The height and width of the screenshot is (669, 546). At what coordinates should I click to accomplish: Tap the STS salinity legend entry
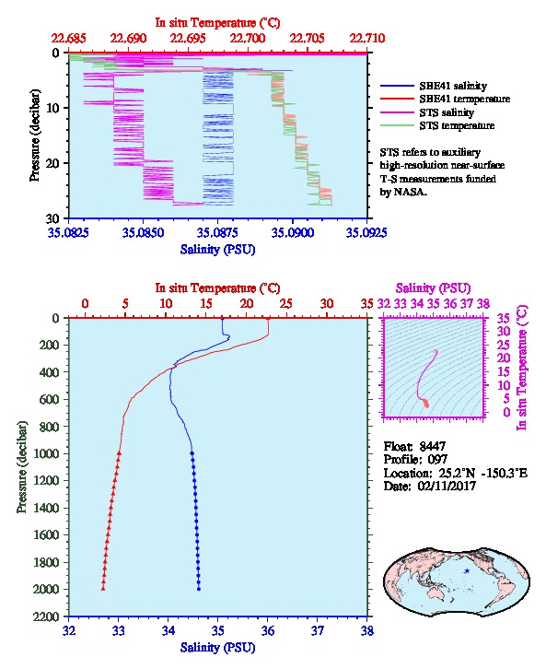click(447, 112)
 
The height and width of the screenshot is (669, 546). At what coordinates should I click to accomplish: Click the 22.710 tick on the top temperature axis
click(367, 39)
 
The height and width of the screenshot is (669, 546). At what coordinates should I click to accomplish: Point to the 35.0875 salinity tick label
click(217, 232)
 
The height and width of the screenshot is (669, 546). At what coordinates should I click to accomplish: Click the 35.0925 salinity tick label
click(366, 232)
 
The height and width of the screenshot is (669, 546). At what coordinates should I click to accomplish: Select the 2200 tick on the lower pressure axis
click(48, 616)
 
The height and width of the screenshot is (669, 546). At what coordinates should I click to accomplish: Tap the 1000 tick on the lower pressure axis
click(48, 453)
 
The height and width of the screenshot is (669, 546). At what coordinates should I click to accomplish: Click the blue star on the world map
click(467, 571)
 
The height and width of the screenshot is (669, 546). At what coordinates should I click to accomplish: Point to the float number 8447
click(432, 446)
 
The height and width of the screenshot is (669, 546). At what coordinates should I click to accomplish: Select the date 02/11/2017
click(447, 486)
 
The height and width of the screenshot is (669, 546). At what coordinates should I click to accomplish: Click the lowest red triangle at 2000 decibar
click(103, 588)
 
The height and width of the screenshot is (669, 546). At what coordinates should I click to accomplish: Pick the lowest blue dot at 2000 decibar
click(199, 589)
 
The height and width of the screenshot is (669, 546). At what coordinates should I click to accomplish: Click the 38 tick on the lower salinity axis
click(367, 630)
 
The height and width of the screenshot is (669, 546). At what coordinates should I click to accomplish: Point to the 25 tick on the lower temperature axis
click(286, 304)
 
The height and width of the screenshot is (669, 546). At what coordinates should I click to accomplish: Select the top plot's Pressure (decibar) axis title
click(35, 135)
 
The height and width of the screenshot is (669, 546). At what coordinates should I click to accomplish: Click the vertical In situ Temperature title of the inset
click(522, 368)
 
